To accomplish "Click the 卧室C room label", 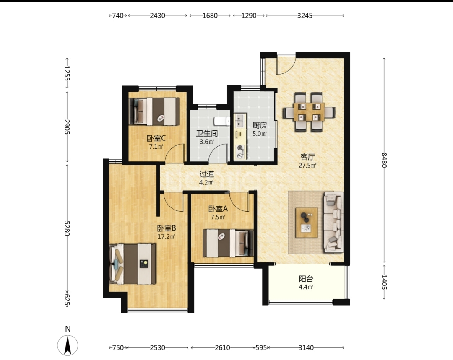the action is (156, 139).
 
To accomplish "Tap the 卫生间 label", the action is (207, 133).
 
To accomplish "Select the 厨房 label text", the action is (260, 125).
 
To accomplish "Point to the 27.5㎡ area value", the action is (307, 166).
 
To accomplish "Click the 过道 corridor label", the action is (206, 174).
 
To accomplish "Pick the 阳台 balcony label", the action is (306, 279).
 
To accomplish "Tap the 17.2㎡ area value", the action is (167, 237).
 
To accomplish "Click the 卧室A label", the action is (218, 208).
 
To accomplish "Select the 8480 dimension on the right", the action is (384, 160).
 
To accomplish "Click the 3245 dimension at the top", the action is (305, 16).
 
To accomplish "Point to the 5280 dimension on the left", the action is (67, 228).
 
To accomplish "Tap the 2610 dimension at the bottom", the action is (222, 347).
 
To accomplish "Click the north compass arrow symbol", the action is (68, 345).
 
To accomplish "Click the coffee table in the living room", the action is (306, 223).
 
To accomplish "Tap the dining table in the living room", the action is (309, 112).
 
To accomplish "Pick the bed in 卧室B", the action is (133, 264).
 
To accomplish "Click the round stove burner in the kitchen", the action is (240, 148).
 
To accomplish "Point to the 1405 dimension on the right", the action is (384, 282).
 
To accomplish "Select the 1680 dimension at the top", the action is (210, 16).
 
